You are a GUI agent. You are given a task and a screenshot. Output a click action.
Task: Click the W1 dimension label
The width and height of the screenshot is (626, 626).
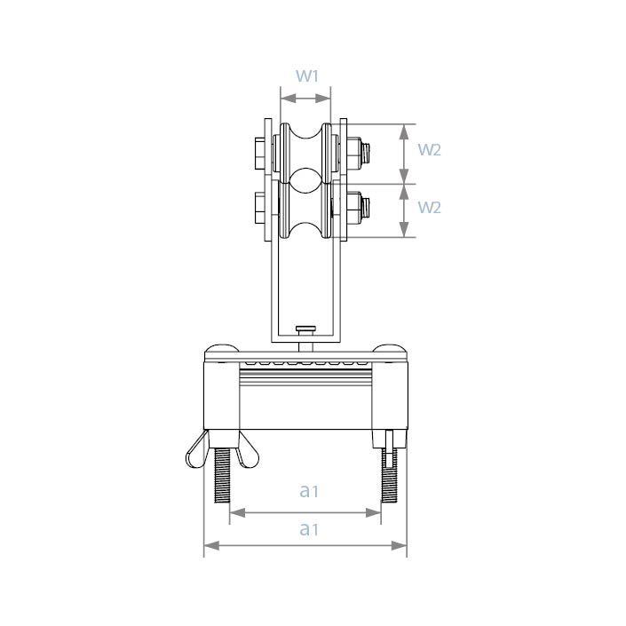307,75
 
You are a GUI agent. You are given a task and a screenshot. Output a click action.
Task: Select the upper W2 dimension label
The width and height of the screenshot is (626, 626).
429,150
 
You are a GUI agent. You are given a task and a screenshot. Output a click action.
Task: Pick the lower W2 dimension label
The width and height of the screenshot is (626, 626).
429,208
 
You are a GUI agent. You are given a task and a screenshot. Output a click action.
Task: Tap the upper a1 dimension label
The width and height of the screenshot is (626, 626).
309,491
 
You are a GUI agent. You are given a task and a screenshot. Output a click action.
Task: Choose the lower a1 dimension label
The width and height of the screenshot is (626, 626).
309,529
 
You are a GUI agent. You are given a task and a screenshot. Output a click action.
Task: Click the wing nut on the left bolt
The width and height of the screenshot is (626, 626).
222,449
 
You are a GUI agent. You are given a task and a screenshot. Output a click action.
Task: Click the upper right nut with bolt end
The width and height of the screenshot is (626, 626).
358,153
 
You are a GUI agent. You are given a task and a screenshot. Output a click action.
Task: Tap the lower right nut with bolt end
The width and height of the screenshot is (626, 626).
358,208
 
